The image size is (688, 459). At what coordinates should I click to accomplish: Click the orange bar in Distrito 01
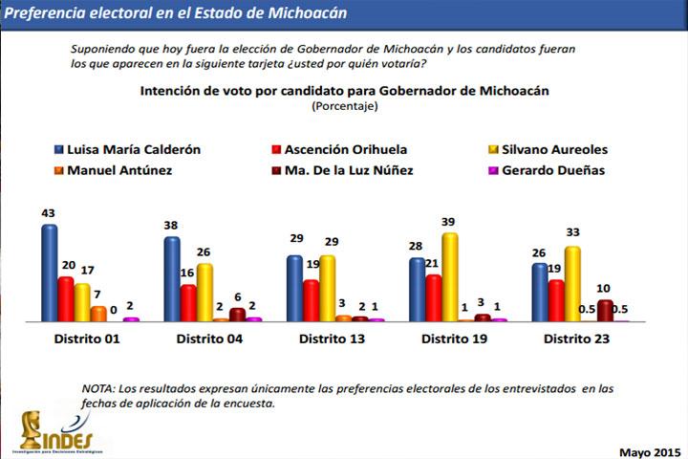point(98,314)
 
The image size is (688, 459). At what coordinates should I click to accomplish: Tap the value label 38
point(171,226)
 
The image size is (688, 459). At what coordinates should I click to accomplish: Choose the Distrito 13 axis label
point(331,339)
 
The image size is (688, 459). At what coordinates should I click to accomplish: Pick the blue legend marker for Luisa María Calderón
point(58,149)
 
